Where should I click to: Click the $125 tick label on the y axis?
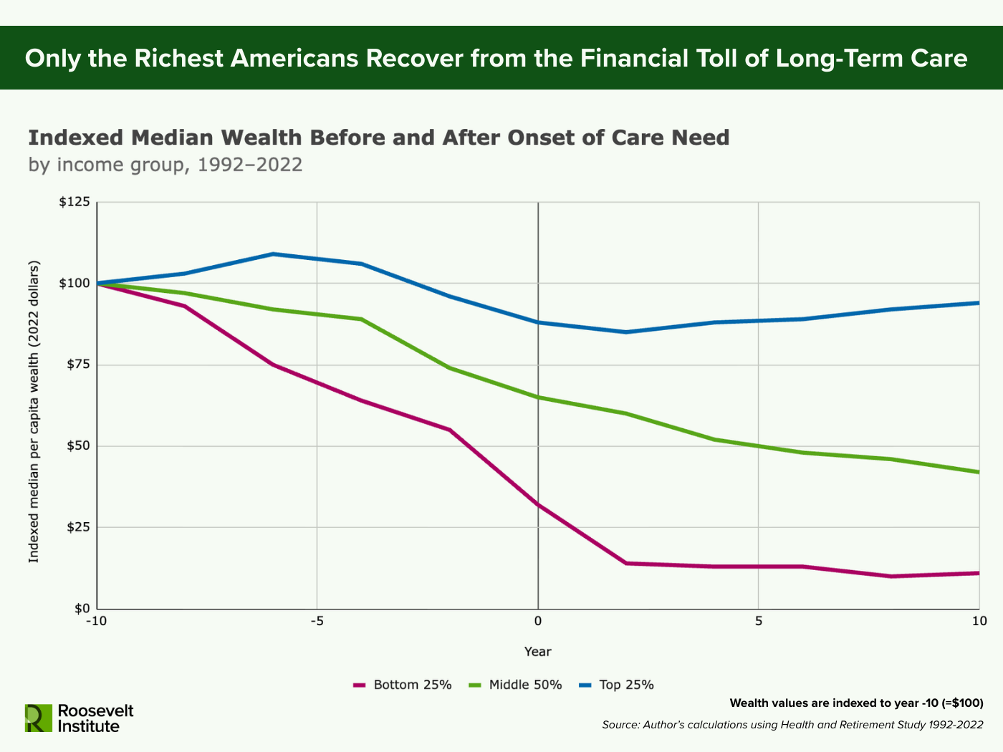pos(74,202)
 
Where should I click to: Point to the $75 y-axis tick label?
pos(77,365)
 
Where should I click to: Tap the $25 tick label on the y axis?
pos(77,528)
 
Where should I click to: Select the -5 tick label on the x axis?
pos(317,621)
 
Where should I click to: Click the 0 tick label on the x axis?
pos(537,621)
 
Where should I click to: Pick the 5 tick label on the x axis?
pos(758,621)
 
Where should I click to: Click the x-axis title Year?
pos(537,651)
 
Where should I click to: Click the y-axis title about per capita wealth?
pos(34,412)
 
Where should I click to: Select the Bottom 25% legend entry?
pos(403,685)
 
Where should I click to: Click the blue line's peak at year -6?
pos(273,254)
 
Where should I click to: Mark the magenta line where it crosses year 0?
pos(538,504)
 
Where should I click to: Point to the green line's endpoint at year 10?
pos(978,472)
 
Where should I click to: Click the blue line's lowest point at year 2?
pos(625,332)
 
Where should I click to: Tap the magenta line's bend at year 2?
pos(625,563)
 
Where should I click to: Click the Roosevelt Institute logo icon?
pos(39,718)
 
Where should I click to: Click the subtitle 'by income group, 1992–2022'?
pos(165,165)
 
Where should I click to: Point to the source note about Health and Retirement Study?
pos(792,725)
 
